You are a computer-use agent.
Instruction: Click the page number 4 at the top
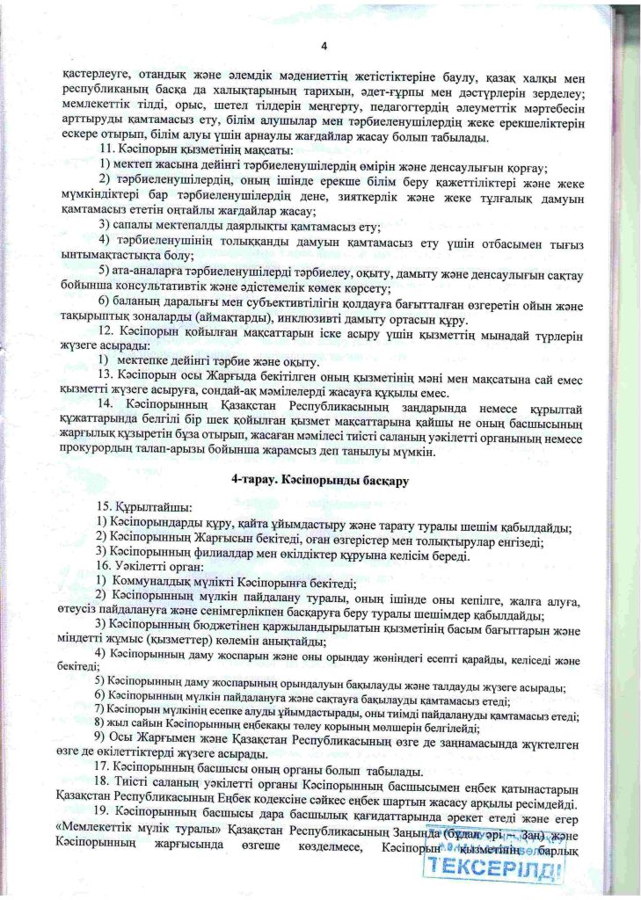[324, 47]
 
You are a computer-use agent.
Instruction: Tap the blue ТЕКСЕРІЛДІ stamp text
[492, 870]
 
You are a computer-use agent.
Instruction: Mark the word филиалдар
[229, 555]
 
